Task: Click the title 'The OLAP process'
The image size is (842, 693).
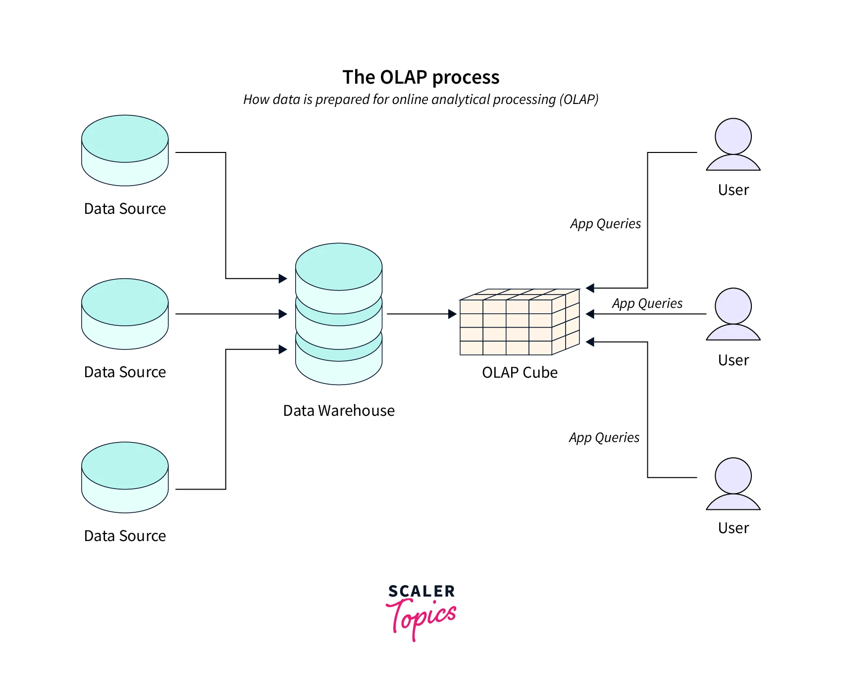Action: [421, 77]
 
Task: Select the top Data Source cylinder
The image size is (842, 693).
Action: [125, 150]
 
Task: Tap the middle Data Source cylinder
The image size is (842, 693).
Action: [125, 314]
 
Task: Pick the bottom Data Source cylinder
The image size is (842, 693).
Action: [125, 477]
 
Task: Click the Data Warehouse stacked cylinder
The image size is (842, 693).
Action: [339, 314]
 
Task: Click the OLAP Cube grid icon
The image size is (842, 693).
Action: [519, 322]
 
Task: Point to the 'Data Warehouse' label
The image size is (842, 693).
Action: [339, 410]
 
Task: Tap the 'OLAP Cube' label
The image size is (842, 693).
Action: [520, 372]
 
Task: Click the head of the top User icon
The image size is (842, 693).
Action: [733, 136]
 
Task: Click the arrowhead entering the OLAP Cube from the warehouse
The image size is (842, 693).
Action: [452, 314]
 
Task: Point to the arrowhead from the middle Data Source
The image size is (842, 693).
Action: [283, 314]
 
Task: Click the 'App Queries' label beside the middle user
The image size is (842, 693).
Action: [647, 303]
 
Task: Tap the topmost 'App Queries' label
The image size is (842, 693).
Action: [605, 224]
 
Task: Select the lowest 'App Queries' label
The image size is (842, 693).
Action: [604, 438]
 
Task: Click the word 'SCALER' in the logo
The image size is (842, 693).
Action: [421, 591]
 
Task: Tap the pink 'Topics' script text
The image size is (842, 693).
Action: [421, 616]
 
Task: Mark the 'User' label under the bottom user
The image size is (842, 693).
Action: [733, 528]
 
